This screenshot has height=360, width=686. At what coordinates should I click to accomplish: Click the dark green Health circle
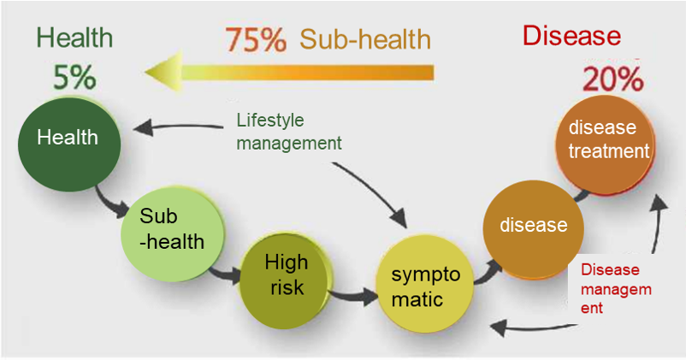tap(68, 144)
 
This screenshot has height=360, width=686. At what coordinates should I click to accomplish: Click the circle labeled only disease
tap(534, 227)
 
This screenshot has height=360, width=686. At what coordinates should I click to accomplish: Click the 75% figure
tap(256, 40)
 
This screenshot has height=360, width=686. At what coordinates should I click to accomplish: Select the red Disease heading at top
tap(571, 36)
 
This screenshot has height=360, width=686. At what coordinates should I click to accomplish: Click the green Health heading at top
tap(74, 38)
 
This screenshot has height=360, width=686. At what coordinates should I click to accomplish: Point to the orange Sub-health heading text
tap(365, 40)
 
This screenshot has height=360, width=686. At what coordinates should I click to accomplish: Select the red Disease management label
tap(615, 288)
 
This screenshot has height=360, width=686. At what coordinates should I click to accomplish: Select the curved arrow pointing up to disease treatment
tap(656, 222)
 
